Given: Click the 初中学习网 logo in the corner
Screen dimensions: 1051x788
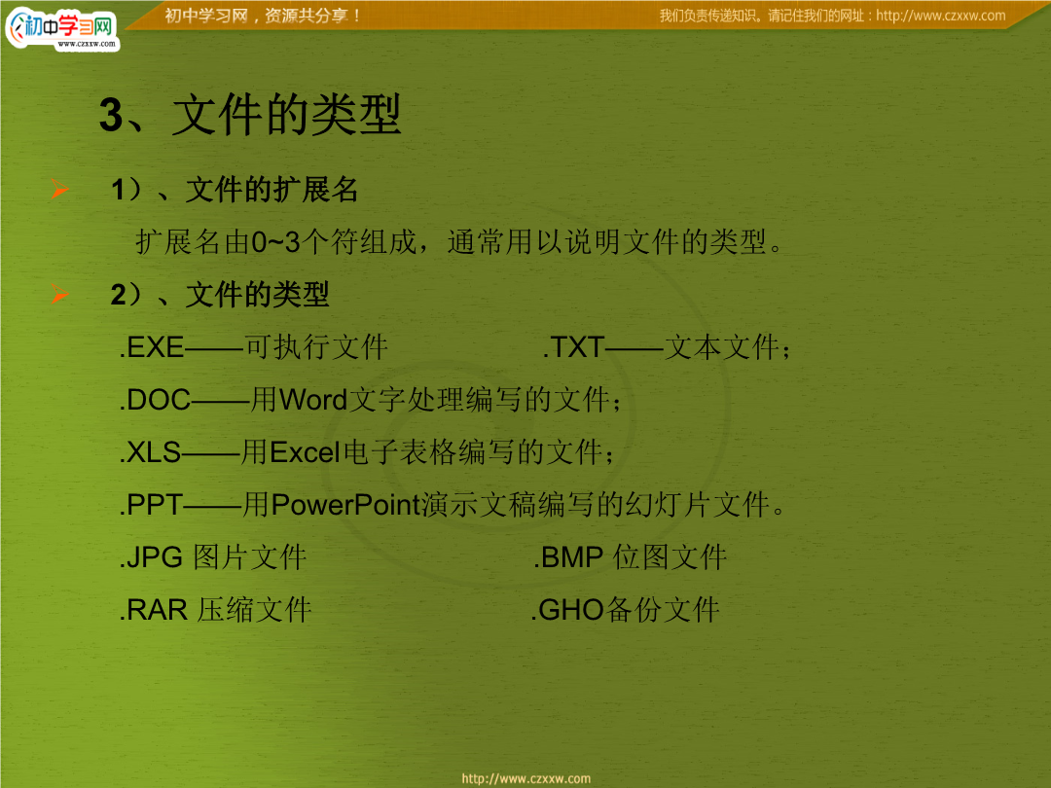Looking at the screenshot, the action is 61,28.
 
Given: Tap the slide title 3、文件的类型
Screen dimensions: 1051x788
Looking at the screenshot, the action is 250,115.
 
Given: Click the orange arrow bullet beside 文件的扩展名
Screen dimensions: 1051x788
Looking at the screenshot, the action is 59,190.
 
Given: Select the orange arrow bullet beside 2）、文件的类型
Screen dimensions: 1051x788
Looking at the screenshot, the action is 59,294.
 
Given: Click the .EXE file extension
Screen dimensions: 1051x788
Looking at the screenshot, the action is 152,347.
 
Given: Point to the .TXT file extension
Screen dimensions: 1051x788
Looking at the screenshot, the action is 574,347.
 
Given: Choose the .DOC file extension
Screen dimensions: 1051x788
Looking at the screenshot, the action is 155,400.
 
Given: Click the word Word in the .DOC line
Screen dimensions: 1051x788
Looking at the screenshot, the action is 313,400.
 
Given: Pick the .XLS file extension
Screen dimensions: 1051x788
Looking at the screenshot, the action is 150,453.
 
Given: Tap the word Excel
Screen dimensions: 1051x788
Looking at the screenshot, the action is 305,453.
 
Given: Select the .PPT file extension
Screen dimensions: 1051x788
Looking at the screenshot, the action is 151,505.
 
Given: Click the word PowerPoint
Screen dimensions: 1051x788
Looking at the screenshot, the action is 345,505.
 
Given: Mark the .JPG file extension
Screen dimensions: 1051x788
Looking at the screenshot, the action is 151,557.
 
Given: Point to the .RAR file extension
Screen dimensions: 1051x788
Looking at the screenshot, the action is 153,610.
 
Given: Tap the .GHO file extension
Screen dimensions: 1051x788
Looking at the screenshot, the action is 567,610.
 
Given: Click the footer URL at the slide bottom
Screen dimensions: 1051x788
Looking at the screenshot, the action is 526,778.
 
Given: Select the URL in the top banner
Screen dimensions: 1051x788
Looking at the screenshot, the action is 940,16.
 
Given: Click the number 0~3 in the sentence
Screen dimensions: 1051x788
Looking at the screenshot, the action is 275,242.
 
